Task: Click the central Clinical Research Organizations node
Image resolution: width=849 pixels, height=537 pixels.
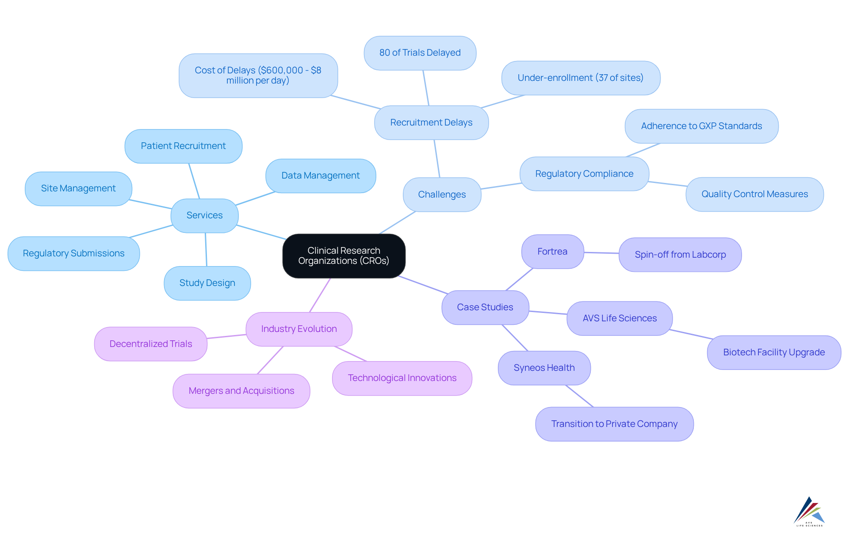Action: click(x=344, y=256)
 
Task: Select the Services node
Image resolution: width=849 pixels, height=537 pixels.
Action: click(x=204, y=215)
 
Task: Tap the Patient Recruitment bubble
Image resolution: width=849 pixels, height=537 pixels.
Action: click(x=183, y=146)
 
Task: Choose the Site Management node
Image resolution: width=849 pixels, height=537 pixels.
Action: click(x=78, y=188)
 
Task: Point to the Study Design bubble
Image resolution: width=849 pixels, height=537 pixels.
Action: click(x=207, y=283)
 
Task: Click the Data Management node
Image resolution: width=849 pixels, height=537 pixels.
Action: click(x=321, y=175)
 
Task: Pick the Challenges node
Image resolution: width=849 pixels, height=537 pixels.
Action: click(x=442, y=194)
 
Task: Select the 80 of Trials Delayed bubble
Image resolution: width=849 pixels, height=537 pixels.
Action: click(x=420, y=53)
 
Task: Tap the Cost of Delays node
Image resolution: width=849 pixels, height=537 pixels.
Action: click(x=258, y=76)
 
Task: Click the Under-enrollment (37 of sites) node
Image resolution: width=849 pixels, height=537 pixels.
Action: click(x=580, y=78)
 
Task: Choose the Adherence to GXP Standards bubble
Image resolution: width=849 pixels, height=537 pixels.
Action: click(x=701, y=126)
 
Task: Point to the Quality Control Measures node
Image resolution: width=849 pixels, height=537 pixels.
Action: click(x=754, y=194)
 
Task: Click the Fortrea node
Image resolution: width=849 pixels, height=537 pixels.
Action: click(x=552, y=251)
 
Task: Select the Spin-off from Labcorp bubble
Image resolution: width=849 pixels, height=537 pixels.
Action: click(x=680, y=255)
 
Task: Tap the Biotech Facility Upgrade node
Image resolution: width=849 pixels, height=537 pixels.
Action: click(x=774, y=352)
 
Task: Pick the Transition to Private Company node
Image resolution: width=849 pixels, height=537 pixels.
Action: click(x=614, y=424)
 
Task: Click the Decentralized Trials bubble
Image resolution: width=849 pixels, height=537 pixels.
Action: click(x=151, y=344)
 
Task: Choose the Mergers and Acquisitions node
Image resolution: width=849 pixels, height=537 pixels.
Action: click(x=241, y=391)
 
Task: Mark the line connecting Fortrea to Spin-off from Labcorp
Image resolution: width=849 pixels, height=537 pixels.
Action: click(x=601, y=253)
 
